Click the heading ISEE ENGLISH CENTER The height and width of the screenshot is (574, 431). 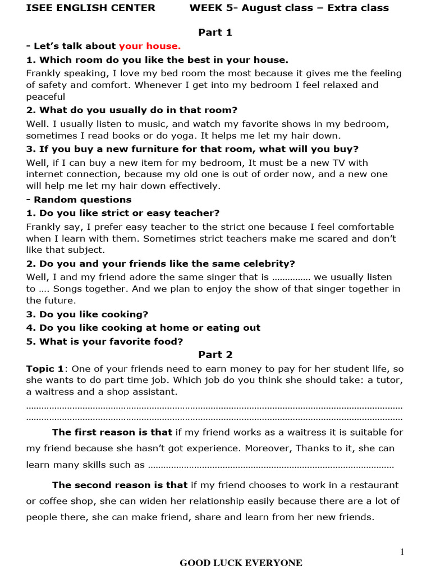coord(90,8)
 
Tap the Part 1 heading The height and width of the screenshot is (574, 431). coord(215,33)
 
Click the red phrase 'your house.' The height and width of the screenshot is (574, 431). coord(150,46)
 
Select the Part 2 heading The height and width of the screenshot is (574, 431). coord(215,355)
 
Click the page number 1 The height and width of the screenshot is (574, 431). coord(402,552)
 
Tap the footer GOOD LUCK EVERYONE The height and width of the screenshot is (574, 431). coord(241,563)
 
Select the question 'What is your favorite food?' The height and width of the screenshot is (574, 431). coord(104,341)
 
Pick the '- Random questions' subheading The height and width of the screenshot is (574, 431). coord(79,200)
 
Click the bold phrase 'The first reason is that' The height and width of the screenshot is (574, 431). coord(112,432)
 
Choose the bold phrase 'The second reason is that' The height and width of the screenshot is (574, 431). coord(120,485)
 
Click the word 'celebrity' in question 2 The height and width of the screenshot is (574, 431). coord(271,263)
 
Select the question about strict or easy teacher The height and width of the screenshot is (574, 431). coord(123,213)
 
